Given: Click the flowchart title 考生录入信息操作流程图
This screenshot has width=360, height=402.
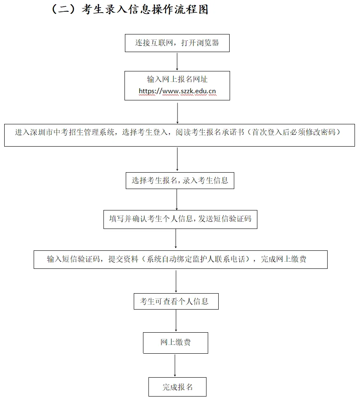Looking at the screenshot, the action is (x=143, y=9).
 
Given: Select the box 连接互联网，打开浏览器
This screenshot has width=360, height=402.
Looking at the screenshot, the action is (x=177, y=43).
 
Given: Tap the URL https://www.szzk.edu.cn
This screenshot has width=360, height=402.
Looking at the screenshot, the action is (x=177, y=91).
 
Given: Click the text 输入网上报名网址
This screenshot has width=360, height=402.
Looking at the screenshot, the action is (x=177, y=79).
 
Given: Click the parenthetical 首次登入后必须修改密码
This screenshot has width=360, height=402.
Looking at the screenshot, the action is (x=294, y=132).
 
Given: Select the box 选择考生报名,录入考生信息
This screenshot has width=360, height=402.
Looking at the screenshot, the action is (x=180, y=181).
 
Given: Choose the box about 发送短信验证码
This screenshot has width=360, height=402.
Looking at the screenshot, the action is (x=180, y=219).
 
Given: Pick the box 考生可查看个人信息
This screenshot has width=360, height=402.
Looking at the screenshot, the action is (x=176, y=301).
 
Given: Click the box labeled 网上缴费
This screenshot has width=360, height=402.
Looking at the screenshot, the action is (x=175, y=342).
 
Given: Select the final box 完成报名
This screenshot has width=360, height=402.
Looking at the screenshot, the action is (x=177, y=387).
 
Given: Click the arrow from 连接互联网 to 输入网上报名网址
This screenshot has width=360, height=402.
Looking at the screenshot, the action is (x=177, y=61).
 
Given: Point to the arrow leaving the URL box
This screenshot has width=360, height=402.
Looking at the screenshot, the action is (x=177, y=112).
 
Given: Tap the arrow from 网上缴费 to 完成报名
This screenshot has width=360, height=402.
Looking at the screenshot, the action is (x=175, y=365).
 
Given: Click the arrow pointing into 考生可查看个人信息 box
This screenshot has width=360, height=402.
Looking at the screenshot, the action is (x=176, y=281).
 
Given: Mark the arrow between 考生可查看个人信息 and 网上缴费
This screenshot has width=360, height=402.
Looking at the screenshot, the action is (x=176, y=321).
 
